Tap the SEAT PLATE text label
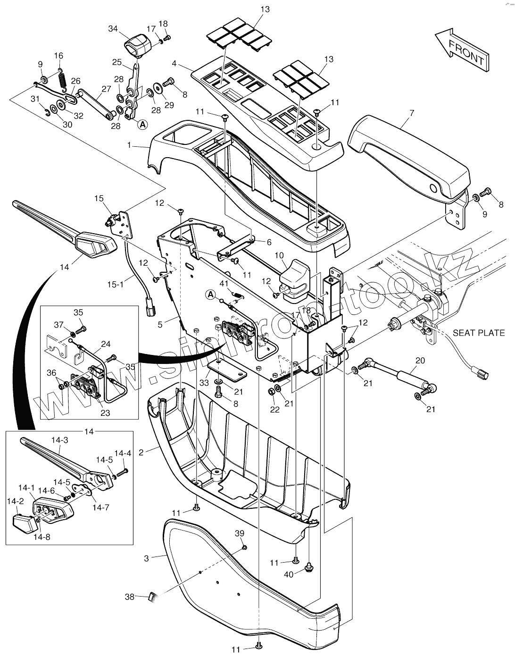(478, 333)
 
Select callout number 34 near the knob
(113, 29)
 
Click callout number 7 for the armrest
(412, 114)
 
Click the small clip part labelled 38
(152, 597)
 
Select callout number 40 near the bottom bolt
(288, 574)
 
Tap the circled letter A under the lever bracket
(142, 125)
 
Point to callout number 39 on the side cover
(240, 533)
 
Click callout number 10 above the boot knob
(280, 255)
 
